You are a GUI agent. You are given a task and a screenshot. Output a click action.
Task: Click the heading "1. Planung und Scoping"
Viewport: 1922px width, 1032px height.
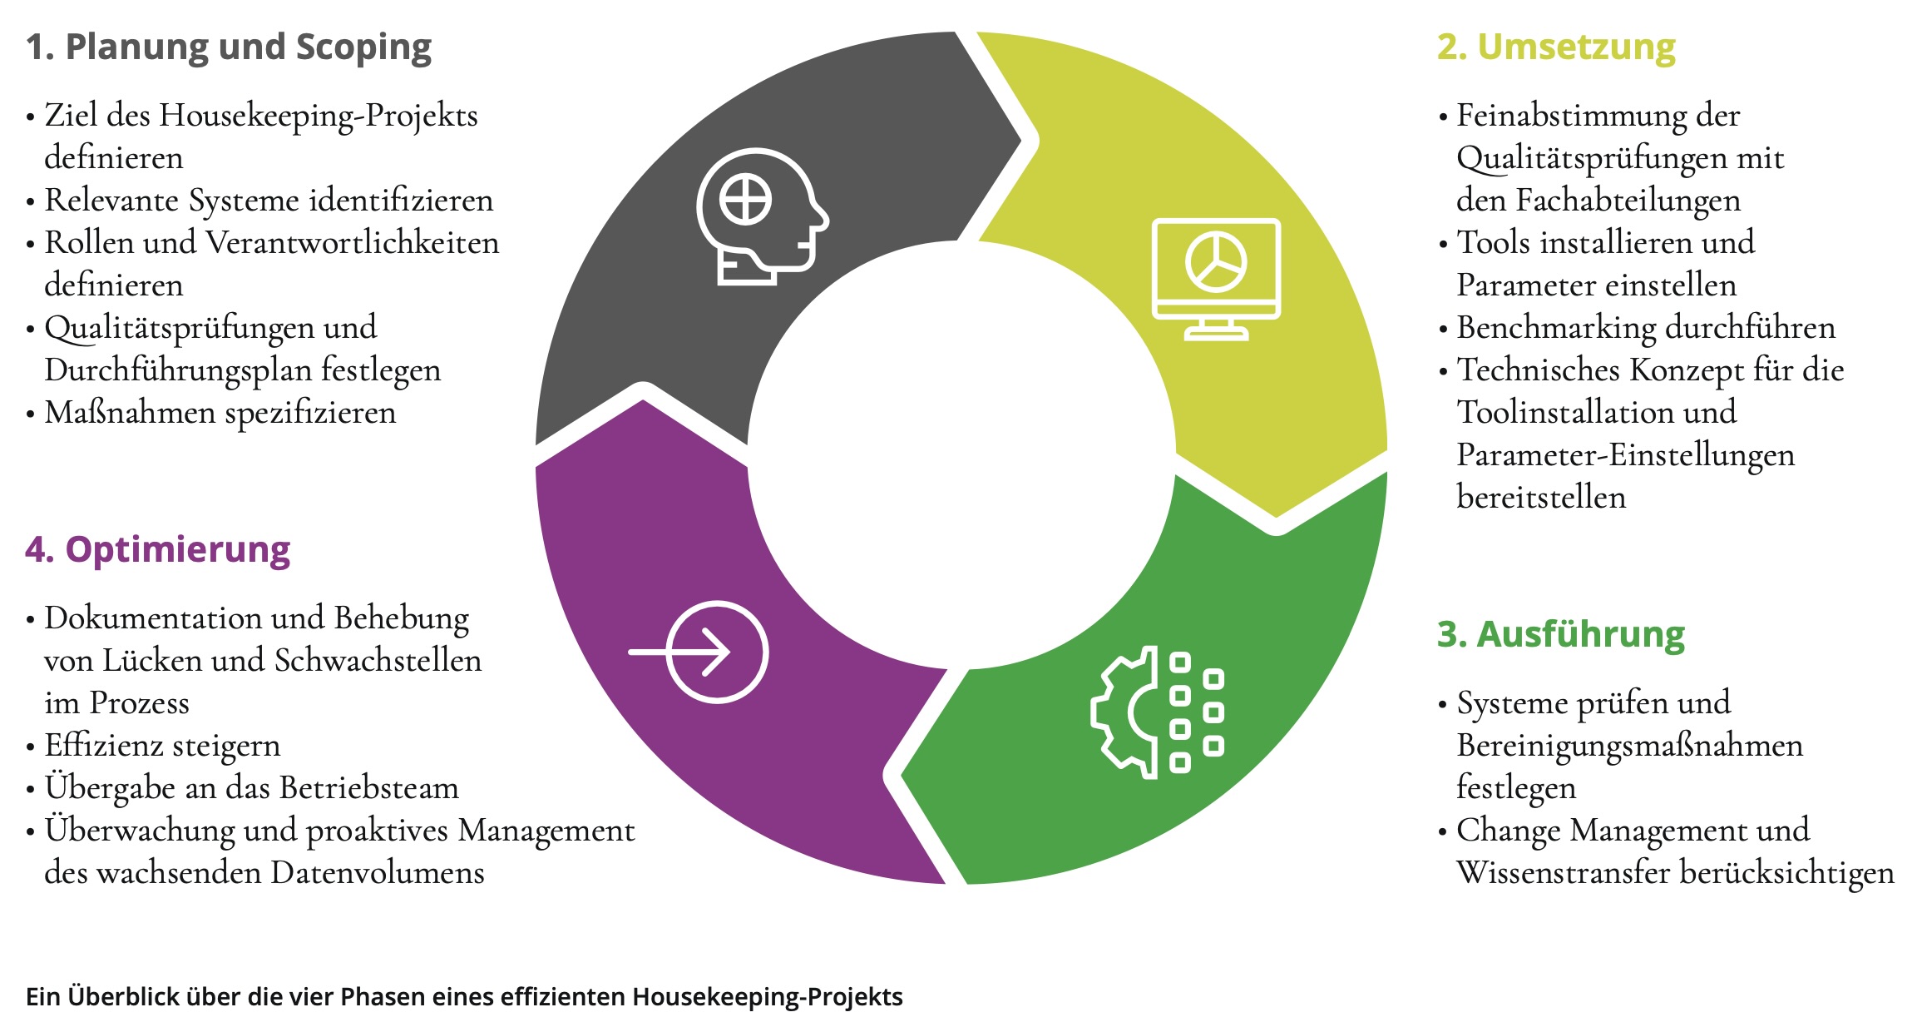229,47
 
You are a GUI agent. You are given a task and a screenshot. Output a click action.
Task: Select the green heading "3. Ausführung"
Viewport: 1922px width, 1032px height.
1560,634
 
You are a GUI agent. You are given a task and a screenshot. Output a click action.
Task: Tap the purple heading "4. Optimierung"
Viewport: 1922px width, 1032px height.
158,549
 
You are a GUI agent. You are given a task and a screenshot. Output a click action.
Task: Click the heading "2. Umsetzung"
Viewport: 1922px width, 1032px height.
1556,47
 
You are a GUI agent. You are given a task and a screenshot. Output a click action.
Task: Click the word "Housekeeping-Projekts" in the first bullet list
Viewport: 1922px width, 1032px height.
319,116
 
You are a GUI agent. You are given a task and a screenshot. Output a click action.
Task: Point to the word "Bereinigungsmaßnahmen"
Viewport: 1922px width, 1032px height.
1629,746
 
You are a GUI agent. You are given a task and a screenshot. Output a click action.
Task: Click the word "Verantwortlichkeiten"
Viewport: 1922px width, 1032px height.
353,243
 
